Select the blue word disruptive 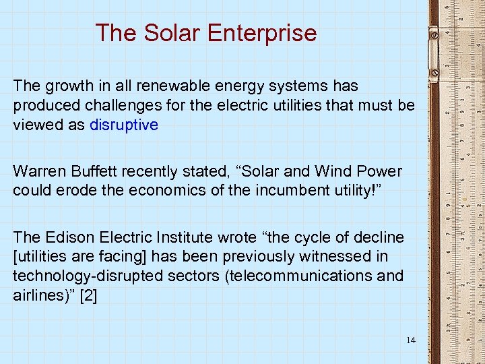pos(123,125)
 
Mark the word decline pos(380,237)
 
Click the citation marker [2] pos(88,295)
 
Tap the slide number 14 pos(411,340)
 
